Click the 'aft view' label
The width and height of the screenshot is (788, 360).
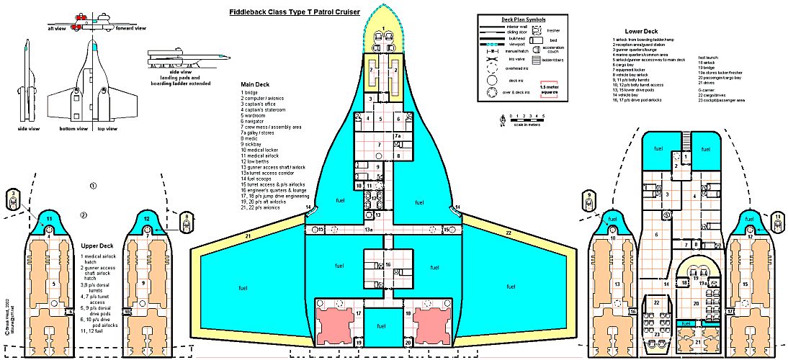[57, 29]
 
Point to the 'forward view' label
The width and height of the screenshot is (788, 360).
[130, 29]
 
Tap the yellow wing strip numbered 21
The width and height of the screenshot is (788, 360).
[247, 235]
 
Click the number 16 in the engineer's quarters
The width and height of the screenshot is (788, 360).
[388, 266]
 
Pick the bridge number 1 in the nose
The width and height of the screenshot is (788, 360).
[383, 27]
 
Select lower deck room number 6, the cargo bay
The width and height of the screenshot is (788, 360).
[655, 235]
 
